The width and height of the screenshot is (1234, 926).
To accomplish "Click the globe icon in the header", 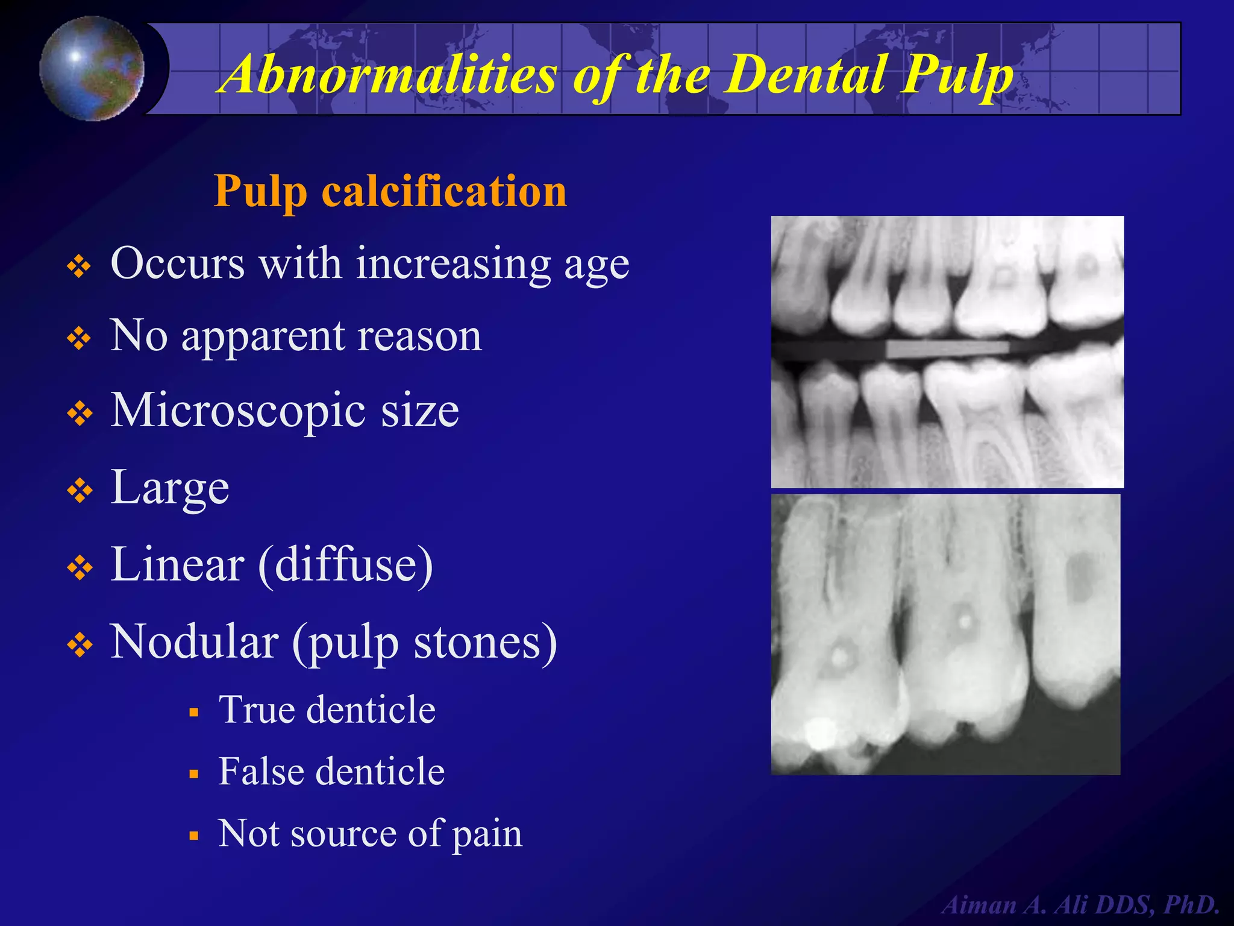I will (92, 68).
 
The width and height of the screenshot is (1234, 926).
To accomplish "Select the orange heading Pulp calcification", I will (390, 191).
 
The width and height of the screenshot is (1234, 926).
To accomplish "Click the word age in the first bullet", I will (597, 265).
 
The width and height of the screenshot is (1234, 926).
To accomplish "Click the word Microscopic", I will (238, 411).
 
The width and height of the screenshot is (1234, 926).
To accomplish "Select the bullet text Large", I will (170, 488).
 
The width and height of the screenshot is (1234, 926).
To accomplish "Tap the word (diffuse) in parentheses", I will (346, 565).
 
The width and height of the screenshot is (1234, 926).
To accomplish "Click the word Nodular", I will (194, 642).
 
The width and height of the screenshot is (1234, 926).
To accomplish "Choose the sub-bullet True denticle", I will (327, 710).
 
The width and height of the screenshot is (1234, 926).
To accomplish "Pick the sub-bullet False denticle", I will (331, 772).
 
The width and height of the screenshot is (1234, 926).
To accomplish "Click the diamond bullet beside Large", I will (80, 491).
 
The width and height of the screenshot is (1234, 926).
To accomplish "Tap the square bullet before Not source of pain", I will (193, 836).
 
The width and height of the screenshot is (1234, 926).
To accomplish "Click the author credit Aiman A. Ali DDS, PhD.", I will (1081, 905).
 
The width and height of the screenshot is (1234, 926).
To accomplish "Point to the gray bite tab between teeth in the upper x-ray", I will (947, 349).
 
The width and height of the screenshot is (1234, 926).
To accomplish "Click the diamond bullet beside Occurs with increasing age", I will (80, 266).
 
